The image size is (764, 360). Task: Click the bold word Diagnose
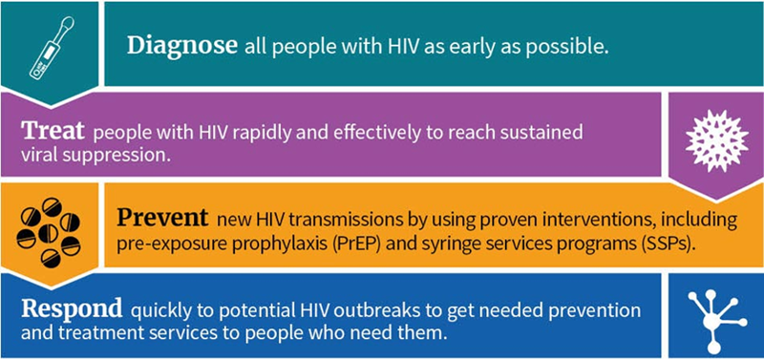[x=180, y=45]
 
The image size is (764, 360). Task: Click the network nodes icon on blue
[x=713, y=314]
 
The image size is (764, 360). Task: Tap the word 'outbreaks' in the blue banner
[x=359, y=312]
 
